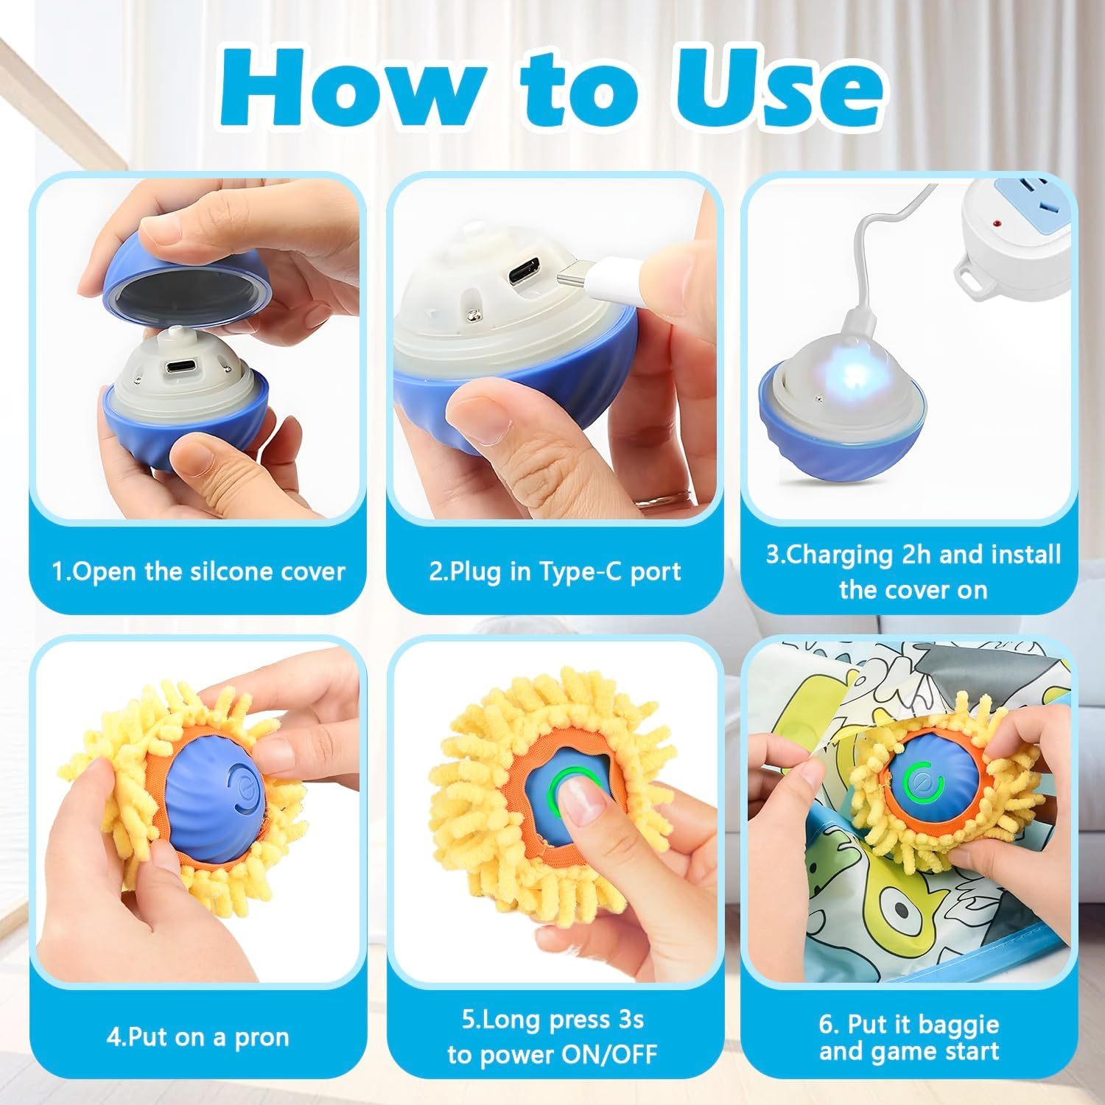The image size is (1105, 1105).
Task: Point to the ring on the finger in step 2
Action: click(x=656, y=501)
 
